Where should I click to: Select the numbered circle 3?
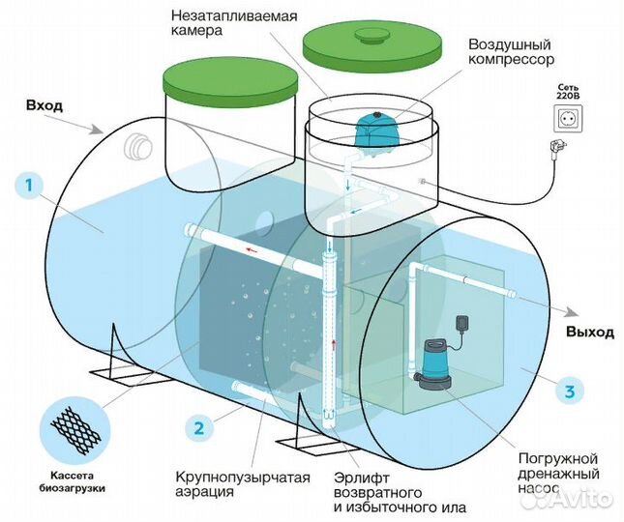click(570, 391)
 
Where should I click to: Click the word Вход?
click(45, 104)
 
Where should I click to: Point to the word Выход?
click(590, 332)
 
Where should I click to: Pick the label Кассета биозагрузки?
click(72, 481)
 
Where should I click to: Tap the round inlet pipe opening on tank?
click(139, 148)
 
